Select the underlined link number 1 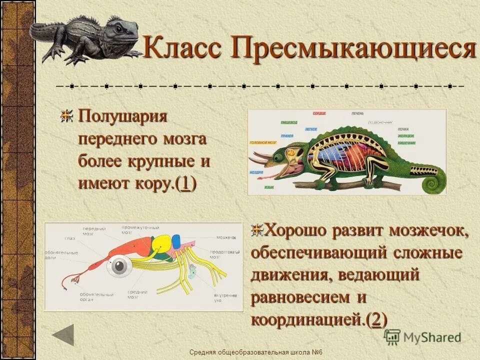click(x=185, y=183)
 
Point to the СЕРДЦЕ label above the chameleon click(x=319, y=114)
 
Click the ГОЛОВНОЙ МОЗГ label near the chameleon click(x=263, y=142)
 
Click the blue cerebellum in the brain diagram click(x=175, y=241)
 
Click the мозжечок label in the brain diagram click(x=226, y=237)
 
